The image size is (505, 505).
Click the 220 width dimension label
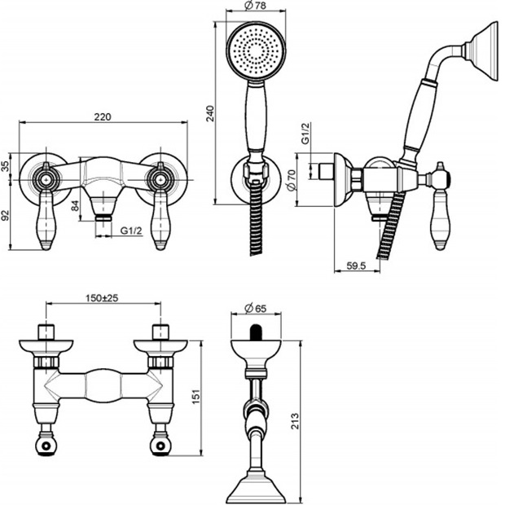[102, 116]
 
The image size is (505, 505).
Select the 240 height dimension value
[210, 113]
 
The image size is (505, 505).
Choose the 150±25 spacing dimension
[103, 299]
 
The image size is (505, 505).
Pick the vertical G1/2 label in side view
[305, 134]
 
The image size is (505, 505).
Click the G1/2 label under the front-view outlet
[130, 231]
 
